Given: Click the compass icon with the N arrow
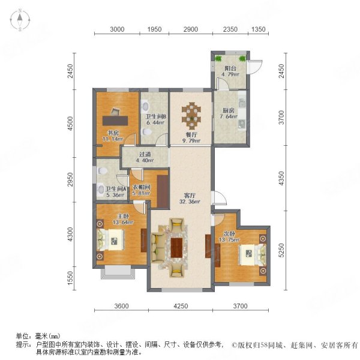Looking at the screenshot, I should pos(19,20).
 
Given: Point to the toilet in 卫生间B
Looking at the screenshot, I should pos(146,106).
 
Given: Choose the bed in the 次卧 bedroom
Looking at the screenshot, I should pos(249,253).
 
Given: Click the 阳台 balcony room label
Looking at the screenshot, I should pos(229,69).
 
